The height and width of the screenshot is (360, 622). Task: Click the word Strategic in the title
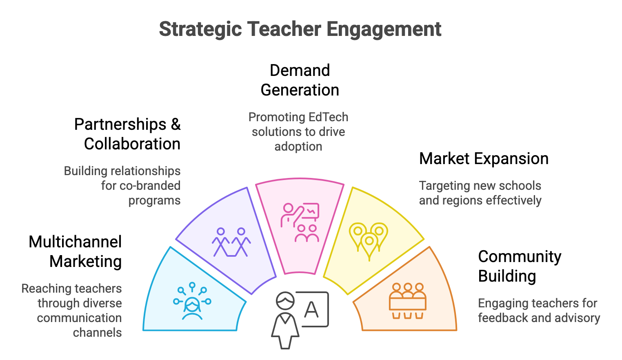(200, 29)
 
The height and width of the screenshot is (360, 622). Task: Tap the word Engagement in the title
(384, 29)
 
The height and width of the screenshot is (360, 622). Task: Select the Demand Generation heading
(300, 80)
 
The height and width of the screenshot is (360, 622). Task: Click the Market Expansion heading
(484, 159)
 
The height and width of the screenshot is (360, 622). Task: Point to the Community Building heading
(520, 266)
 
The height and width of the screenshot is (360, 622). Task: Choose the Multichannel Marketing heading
(75, 252)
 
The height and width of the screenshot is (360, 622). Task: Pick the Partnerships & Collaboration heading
(127, 134)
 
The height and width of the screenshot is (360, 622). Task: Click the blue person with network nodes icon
(192, 301)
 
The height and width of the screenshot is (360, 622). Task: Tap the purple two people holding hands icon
(231, 242)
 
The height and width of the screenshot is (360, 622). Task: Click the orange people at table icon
(408, 301)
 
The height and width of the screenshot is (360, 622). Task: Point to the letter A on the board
(311, 309)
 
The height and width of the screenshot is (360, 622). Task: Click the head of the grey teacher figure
(285, 300)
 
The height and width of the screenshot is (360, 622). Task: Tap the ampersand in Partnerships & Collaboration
(176, 124)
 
